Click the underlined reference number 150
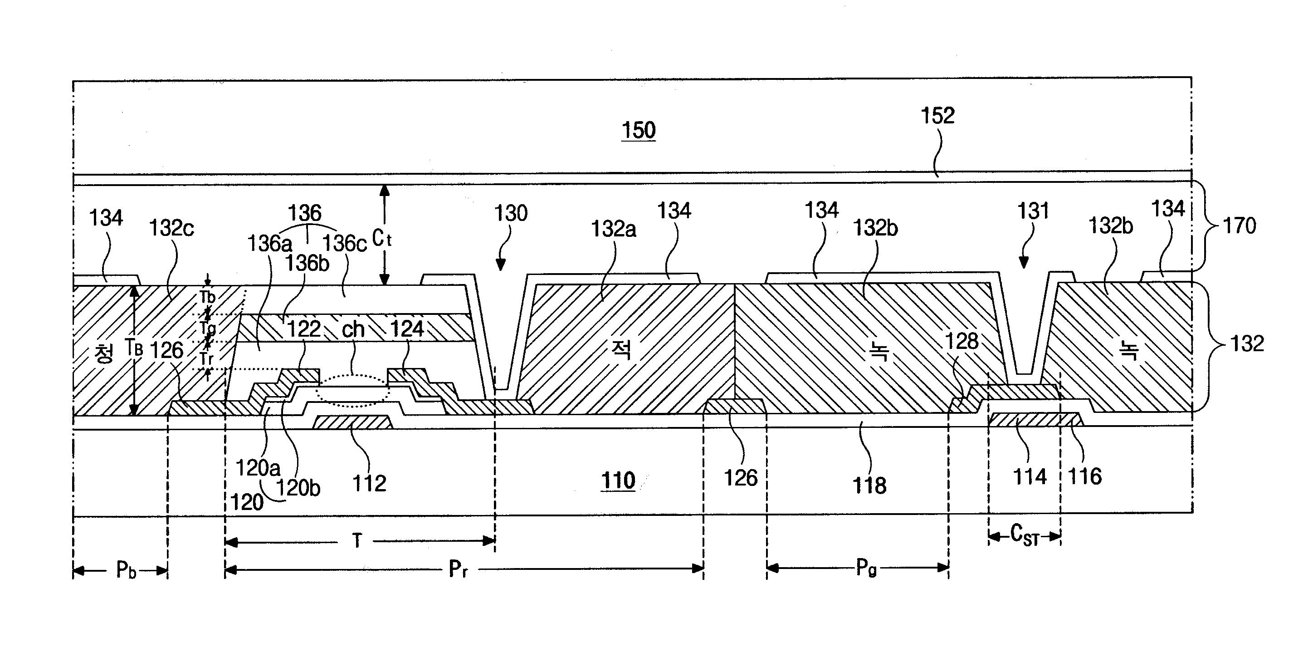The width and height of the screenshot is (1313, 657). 639,130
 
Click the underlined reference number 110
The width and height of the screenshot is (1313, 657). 618,480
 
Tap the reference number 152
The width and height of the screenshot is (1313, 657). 937,116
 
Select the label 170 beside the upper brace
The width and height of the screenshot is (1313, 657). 1239,226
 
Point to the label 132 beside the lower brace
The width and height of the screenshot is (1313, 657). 1247,344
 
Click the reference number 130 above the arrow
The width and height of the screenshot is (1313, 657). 511,213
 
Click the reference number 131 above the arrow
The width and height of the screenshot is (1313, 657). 1033,211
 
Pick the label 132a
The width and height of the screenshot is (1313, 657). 614,230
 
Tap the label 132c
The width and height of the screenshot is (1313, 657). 171,228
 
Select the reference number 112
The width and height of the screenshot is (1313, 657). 369,483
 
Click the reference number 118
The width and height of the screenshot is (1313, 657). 869,485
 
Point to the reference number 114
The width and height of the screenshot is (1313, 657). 1030,477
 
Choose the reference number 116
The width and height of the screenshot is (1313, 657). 1085,476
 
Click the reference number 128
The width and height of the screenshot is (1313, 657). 962,341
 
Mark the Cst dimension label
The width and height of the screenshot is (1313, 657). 1025,535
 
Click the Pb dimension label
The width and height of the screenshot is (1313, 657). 126,570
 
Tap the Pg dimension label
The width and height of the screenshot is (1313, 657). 866,567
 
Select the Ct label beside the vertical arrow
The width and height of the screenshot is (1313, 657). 382,238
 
